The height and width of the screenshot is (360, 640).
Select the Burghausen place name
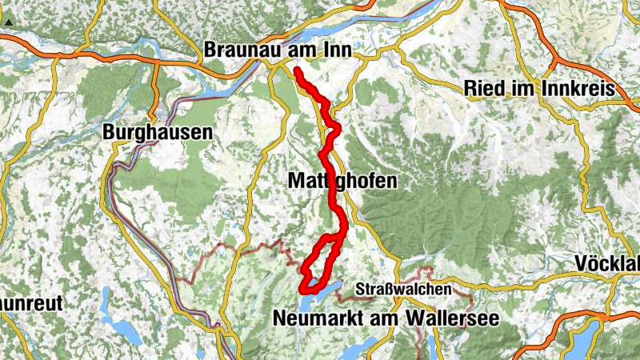(x=158, y=132)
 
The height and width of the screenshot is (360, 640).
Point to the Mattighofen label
(x=340, y=182)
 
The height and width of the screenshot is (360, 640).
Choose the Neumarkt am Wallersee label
(x=386, y=318)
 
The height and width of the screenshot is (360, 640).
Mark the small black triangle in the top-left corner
(x=7, y=23)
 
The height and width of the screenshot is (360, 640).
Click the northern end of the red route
(x=297, y=70)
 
